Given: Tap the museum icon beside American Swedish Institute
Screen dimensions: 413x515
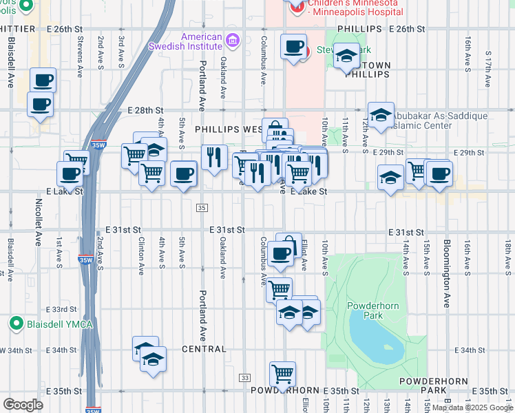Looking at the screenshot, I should point(233,41).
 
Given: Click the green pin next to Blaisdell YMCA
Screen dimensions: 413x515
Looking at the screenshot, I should point(17,322).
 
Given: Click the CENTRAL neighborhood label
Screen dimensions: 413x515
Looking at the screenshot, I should point(204,349).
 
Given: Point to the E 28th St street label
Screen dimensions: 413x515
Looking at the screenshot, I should point(145,110).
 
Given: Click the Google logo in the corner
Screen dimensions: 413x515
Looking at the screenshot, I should point(23,405).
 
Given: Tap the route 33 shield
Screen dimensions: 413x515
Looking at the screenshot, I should point(244,378).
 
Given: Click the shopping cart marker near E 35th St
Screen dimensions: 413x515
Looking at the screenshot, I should point(282,374).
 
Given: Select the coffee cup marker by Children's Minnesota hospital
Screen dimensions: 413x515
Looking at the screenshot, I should point(294,47).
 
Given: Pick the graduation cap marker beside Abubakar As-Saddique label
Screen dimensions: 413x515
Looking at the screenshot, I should point(380,116).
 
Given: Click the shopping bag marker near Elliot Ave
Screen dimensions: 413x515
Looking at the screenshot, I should point(288,245).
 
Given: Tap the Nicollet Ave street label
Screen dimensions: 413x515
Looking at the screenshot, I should point(39,222).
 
